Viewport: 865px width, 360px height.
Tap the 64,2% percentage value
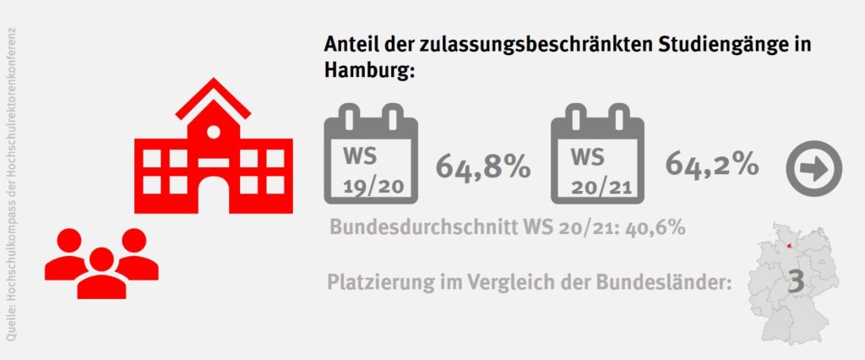(x=711, y=164)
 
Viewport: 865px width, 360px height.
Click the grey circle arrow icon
(x=814, y=169)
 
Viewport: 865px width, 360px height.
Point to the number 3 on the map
(x=795, y=282)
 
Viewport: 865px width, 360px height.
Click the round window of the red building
(x=214, y=131)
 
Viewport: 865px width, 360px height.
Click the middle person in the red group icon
(x=101, y=272)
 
